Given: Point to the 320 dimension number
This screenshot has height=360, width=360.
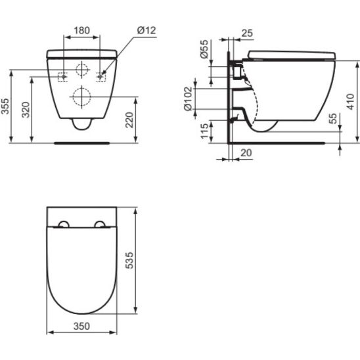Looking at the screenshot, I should click(25, 109).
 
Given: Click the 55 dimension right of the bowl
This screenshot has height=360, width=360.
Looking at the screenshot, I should click(334, 119).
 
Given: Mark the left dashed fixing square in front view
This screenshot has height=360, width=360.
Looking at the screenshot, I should click(64, 76).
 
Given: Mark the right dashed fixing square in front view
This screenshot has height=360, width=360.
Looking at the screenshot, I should click(101, 76).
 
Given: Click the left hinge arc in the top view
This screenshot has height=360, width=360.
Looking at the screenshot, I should click(63, 224).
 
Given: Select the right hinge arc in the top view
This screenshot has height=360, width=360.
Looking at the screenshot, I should click(101, 224).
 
